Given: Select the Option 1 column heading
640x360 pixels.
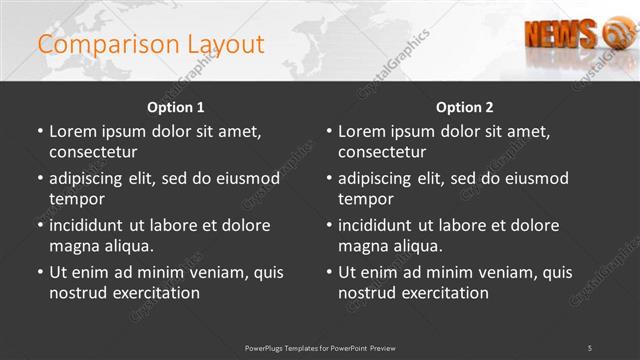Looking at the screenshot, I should [x=176, y=107].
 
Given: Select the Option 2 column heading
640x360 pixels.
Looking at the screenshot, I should [x=465, y=107].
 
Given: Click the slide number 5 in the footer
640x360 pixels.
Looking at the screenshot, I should [x=590, y=347].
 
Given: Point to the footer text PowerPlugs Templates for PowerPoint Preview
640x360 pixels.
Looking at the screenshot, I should [x=320, y=347].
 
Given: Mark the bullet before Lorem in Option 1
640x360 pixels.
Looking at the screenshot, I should [x=40, y=132].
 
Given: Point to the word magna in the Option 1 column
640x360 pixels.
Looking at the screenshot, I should [x=74, y=246].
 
